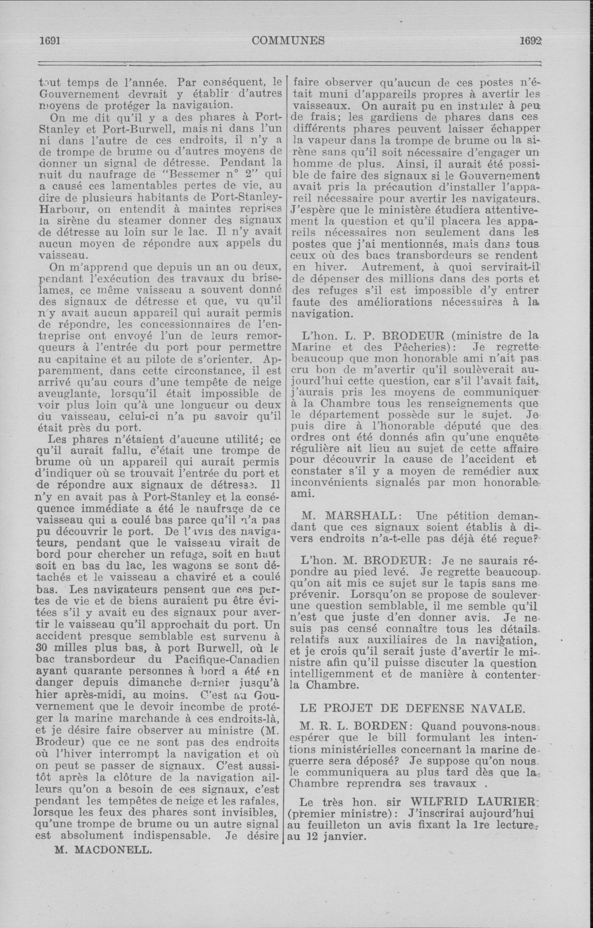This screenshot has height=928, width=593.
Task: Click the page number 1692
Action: (531, 40)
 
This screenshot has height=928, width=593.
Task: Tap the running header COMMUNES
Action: (288, 40)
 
